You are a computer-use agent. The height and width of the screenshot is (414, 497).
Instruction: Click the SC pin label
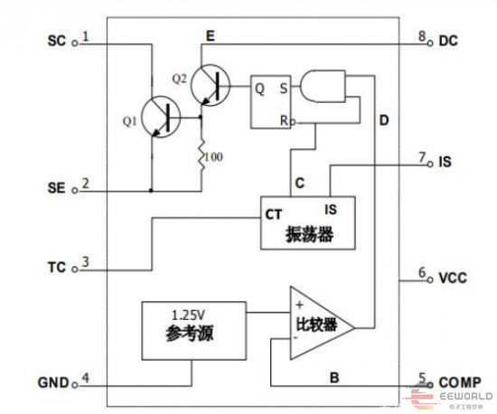(x=56, y=41)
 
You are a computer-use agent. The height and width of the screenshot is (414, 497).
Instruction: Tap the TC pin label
(x=56, y=268)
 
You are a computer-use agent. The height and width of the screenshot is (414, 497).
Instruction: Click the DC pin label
(x=449, y=41)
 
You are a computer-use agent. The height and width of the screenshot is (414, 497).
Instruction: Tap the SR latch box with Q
(x=274, y=101)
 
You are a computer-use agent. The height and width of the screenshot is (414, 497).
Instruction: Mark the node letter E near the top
(x=211, y=36)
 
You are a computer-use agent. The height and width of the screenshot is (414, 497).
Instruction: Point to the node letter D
(x=383, y=120)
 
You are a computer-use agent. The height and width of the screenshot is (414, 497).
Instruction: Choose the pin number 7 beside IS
(x=422, y=158)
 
